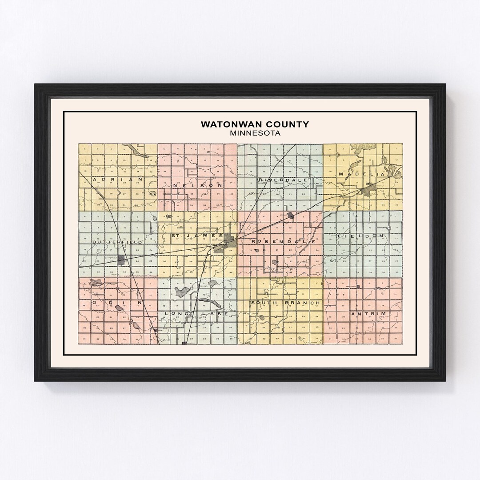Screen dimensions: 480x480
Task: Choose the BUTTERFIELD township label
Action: (117, 242)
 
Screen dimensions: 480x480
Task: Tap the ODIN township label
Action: (117, 302)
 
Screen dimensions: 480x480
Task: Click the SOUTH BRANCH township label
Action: (285, 303)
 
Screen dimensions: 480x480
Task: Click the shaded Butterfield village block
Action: (121, 260)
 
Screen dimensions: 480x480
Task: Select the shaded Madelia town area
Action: (368, 191)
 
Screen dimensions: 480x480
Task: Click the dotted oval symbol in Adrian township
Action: (153, 193)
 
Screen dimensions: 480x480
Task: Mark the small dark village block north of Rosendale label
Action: (291, 216)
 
